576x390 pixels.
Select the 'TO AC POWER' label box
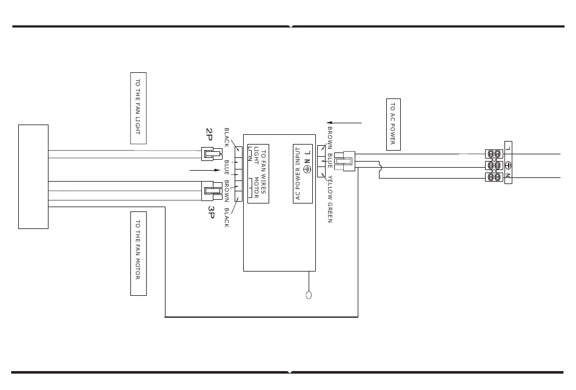(x=393, y=123)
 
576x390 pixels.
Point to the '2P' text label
(x=209, y=134)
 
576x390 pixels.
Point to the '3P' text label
(x=211, y=211)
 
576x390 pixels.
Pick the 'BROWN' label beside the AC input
(x=330, y=138)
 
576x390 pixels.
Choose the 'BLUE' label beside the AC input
(x=330, y=160)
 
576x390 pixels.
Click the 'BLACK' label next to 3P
(x=227, y=217)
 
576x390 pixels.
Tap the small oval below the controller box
(x=309, y=296)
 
